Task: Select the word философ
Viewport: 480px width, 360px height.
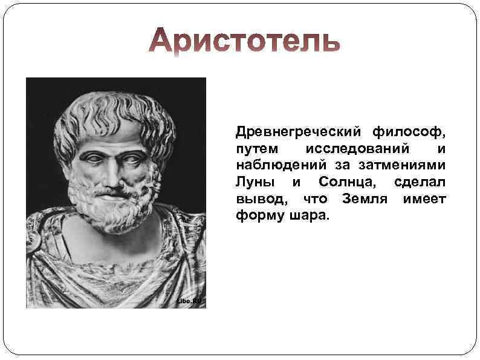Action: point(410,131)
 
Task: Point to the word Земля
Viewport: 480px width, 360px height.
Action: point(363,199)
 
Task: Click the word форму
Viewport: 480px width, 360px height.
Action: point(256,216)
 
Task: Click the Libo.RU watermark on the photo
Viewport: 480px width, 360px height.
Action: point(188,301)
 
